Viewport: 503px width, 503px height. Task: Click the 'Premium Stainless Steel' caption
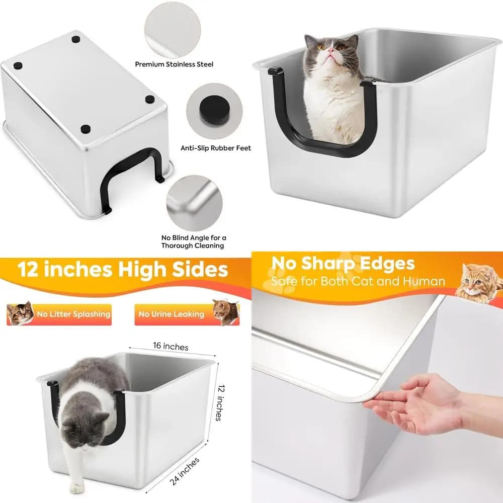click(x=174, y=64)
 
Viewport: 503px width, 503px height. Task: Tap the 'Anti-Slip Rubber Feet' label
click(x=216, y=148)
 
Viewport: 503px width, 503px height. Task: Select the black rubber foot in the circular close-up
click(x=215, y=110)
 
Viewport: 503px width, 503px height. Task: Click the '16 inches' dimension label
click(x=171, y=346)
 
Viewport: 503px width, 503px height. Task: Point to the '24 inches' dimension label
click(x=185, y=471)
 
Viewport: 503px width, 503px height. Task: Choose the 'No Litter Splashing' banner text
click(x=74, y=314)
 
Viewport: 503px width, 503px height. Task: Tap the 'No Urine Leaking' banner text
click(x=172, y=314)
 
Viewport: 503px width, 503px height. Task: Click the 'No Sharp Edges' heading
click(x=343, y=264)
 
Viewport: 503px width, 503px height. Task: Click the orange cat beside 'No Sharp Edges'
click(x=479, y=283)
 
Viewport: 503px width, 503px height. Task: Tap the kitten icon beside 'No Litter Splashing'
click(x=20, y=313)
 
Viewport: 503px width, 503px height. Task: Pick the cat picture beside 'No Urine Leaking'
click(x=226, y=312)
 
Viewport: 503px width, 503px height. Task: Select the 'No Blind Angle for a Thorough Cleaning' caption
click(x=194, y=241)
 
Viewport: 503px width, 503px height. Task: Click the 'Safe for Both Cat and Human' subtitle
click(x=358, y=281)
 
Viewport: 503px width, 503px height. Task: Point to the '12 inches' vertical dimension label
click(x=219, y=402)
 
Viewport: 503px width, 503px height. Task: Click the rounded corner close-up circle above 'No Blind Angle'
click(x=194, y=203)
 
